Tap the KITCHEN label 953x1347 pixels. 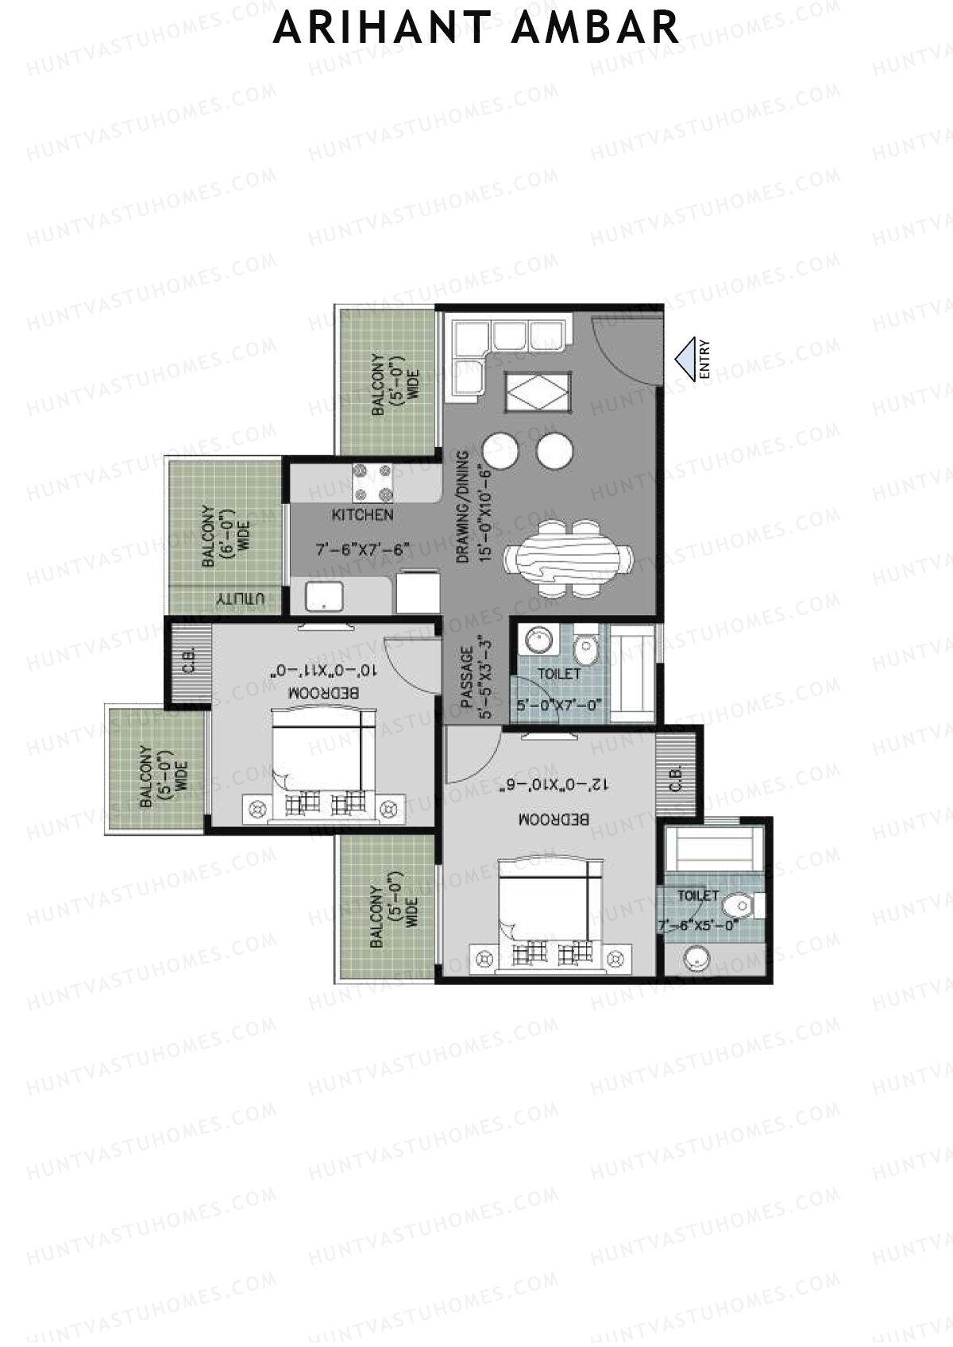pyautogui.click(x=362, y=515)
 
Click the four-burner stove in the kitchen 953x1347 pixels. pyautogui.click(x=373, y=483)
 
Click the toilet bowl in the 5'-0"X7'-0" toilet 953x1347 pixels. pyautogui.click(x=586, y=648)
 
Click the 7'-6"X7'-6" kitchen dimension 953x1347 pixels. pyautogui.click(x=362, y=548)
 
